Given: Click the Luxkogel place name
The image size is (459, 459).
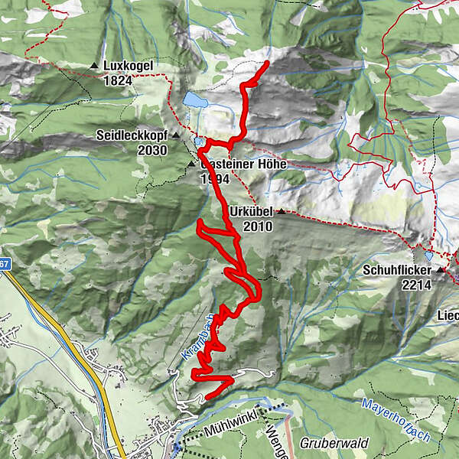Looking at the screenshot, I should tap(128, 66).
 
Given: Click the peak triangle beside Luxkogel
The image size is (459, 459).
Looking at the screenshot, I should tap(94, 66).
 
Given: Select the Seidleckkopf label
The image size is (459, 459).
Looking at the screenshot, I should tap(132, 135).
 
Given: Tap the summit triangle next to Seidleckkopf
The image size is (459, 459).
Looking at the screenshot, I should tap(175, 135).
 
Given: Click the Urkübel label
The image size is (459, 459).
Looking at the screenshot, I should tap(251, 211).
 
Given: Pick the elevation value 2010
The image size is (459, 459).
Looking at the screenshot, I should tap(259, 226).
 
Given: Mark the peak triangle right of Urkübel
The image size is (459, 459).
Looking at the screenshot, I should tap(281, 211).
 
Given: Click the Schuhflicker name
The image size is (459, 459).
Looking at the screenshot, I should tap(397, 270).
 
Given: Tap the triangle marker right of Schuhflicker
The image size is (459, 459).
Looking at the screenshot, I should tap(441, 270).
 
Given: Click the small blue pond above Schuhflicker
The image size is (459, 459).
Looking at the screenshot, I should tap(428, 256).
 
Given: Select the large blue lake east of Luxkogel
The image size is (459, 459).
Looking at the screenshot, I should tap(194, 100).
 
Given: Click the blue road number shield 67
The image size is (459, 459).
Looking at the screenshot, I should tap(4, 262).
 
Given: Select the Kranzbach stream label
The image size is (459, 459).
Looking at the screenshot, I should tap(197, 337).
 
